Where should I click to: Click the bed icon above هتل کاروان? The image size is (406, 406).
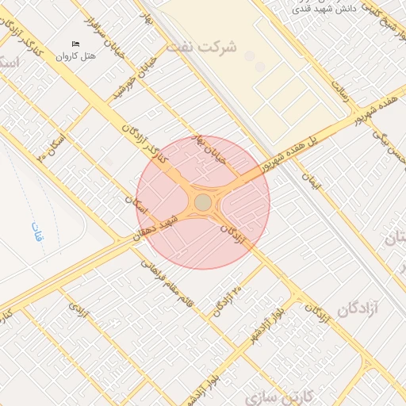[x=76, y=44]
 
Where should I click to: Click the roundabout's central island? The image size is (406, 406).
[x=203, y=202]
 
